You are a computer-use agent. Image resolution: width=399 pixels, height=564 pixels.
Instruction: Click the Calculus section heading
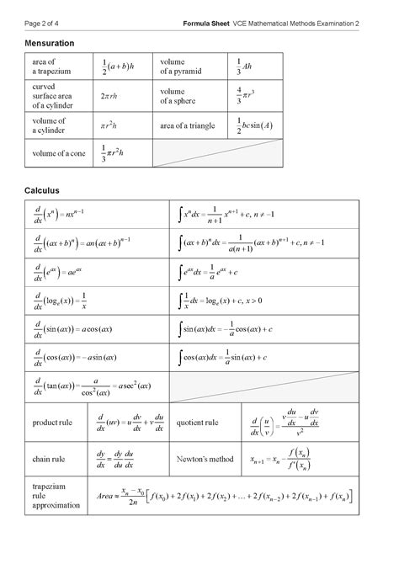point(41,190)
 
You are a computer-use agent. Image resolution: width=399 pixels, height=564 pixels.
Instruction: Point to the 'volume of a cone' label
point(58,153)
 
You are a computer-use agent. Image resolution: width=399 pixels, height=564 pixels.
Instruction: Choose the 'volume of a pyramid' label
point(180,67)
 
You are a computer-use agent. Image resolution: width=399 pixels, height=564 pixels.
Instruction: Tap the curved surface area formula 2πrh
point(109,97)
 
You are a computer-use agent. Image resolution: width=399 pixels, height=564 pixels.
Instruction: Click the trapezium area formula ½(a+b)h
point(119,67)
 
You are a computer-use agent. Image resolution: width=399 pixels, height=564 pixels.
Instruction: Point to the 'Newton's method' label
point(205,460)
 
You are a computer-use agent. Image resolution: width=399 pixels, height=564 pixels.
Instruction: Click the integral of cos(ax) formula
point(223,358)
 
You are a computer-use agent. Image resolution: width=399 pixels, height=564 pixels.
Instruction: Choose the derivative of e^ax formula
point(59,272)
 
